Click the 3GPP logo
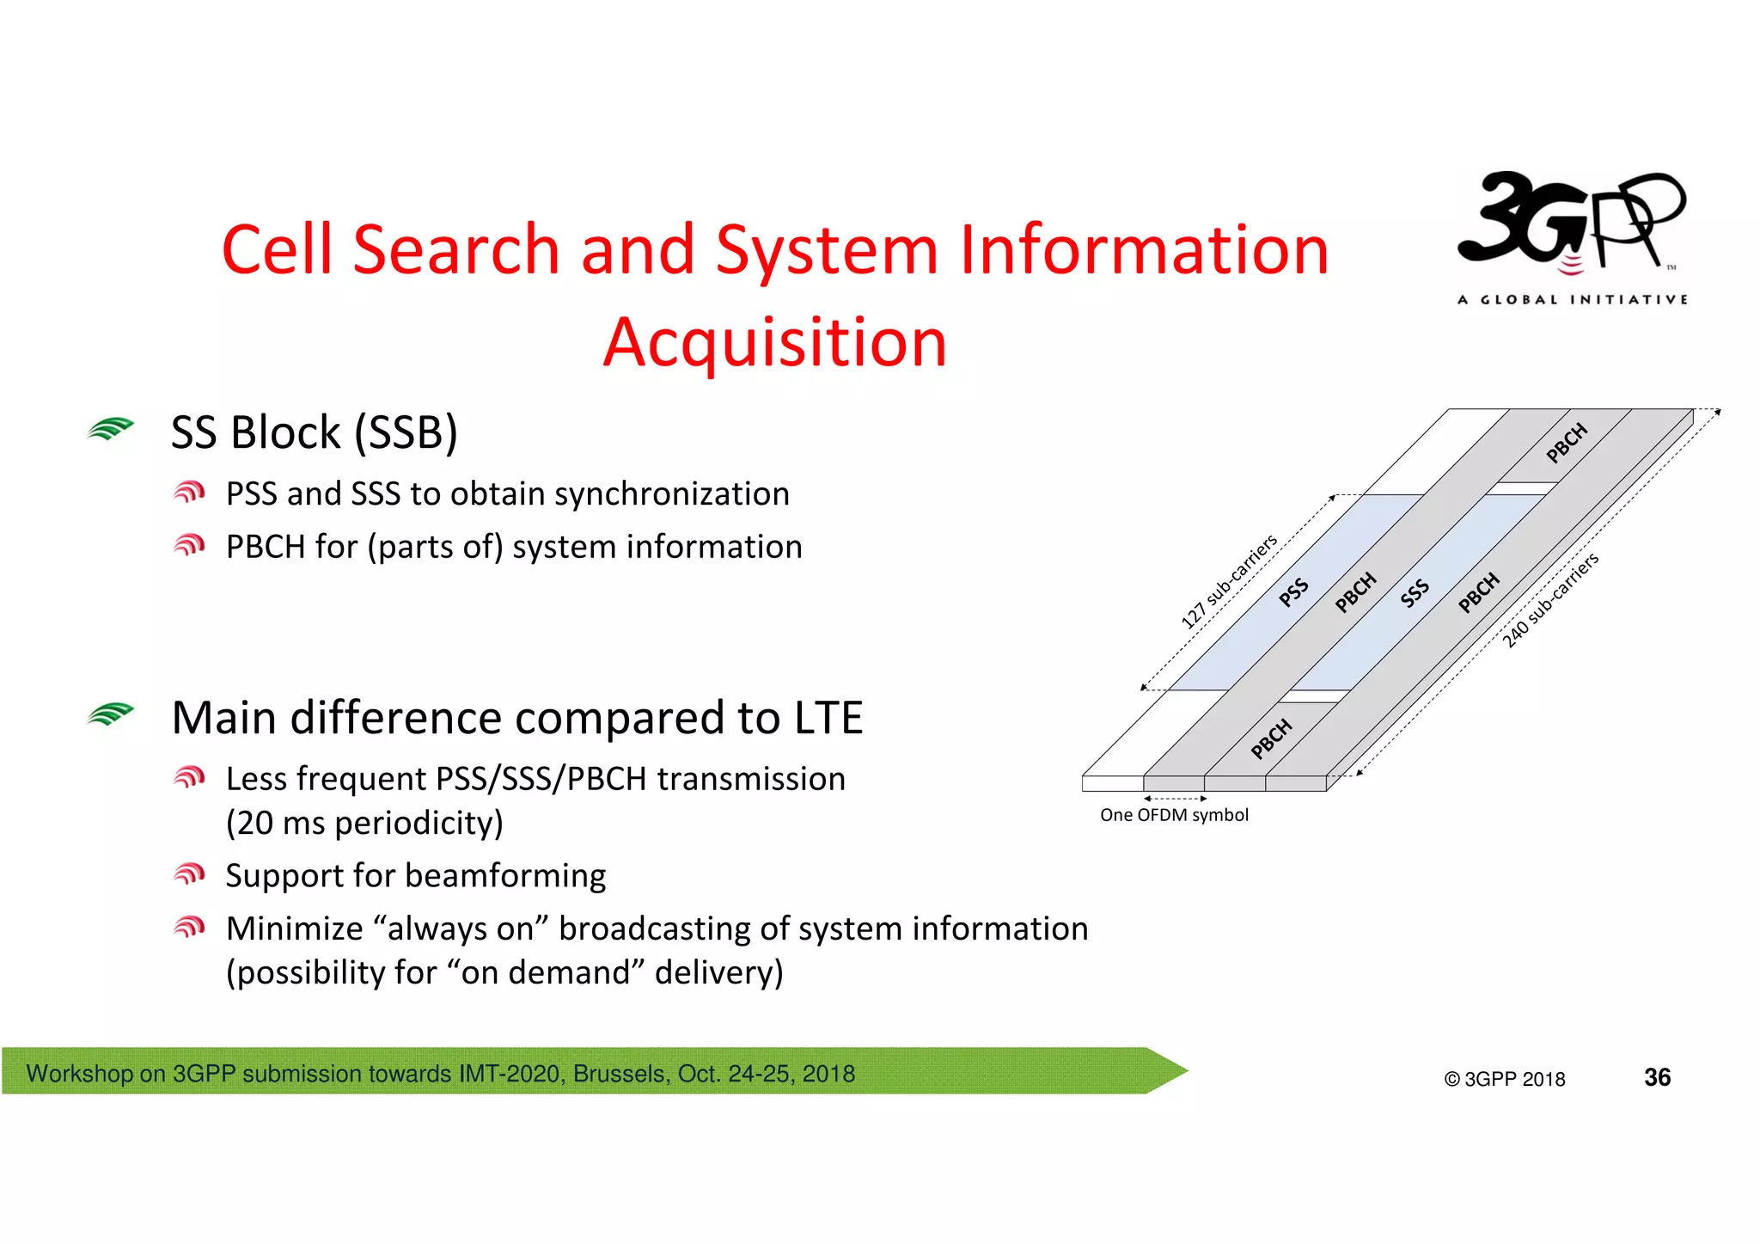[x=1572, y=236]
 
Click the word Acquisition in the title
[x=774, y=342]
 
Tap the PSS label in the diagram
[x=1292, y=592]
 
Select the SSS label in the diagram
[x=1414, y=593]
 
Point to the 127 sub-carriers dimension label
[x=1228, y=581]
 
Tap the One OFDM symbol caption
[x=1174, y=815]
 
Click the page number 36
[x=1657, y=1077]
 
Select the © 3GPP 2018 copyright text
[x=1504, y=1079]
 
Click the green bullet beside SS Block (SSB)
[x=110, y=428]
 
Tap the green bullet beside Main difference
[x=110, y=714]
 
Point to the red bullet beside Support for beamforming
[x=189, y=874]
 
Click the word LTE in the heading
[x=828, y=718]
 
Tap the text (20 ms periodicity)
[x=364, y=823]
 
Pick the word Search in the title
[x=455, y=249]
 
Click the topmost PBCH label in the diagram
[x=1566, y=443]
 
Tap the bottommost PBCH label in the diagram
[x=1271, y=738]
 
